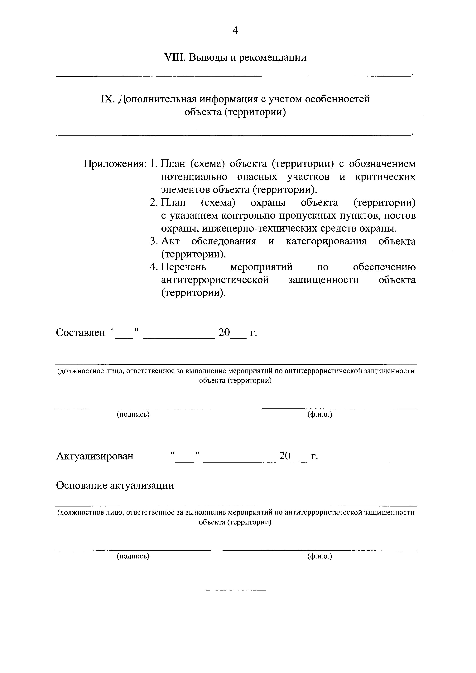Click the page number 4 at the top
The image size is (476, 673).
[x=235, y=31]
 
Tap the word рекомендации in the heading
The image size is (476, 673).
[x=272, y=57]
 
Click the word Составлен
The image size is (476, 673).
[x=80, y=332]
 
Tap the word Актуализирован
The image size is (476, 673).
[x=94, y=456]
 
